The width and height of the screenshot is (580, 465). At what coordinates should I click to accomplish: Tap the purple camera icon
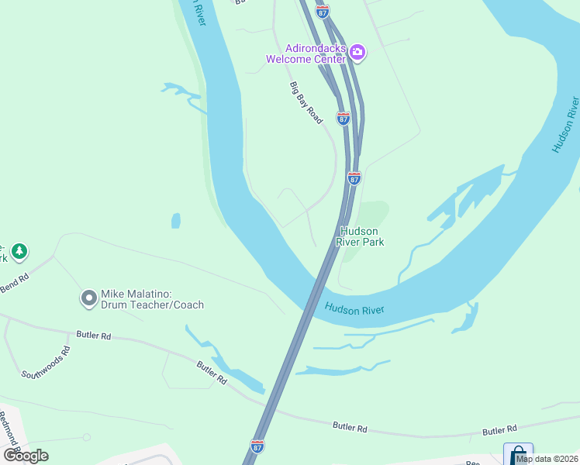point(357,53)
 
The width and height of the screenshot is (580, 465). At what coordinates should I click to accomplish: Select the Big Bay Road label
point(306,102)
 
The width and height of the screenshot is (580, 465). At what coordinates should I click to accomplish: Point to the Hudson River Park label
point(360,236)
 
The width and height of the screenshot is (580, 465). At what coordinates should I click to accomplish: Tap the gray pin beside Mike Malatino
point(88,297)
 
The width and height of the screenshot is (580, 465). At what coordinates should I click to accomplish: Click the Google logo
point(26,455)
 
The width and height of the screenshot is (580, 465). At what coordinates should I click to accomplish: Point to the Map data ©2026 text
point(547,459)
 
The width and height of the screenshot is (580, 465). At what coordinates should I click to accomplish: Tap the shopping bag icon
point(517,454)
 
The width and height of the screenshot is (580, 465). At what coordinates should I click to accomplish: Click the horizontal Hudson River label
point(354,309)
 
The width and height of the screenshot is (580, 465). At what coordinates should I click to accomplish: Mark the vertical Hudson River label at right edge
point(566,125)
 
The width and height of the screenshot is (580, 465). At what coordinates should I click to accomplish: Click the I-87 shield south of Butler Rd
point(257,446)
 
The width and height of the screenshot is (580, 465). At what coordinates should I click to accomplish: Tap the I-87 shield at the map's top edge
point(323,11)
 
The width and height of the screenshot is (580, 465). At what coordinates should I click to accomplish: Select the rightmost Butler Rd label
point(499,430)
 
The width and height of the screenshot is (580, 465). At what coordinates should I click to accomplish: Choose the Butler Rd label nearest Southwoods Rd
point(94,336)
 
